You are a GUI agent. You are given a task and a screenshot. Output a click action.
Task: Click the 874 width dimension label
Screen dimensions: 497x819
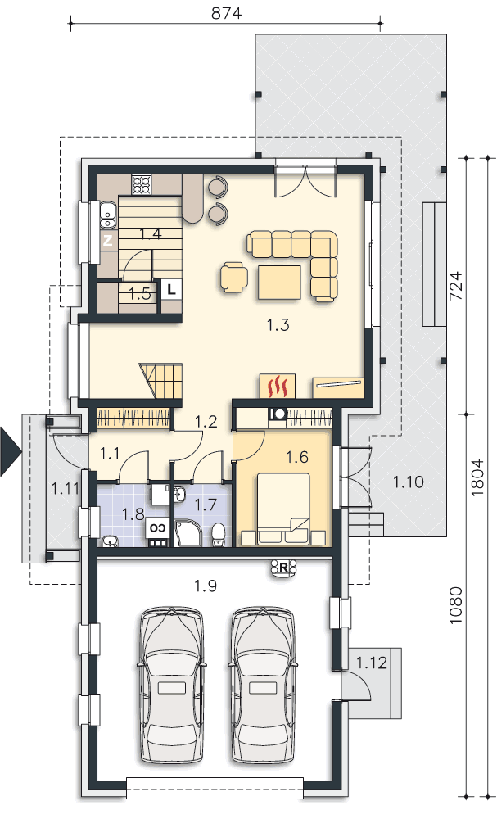[227, 13]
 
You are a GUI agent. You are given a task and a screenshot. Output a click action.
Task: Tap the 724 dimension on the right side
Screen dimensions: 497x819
[456, 286]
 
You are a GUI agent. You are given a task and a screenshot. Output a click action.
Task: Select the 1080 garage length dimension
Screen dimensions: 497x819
[456, 605]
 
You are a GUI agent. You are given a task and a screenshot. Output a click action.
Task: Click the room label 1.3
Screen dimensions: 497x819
[278, 325]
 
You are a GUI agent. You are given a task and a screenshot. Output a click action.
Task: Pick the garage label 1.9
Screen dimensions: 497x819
[206, 586]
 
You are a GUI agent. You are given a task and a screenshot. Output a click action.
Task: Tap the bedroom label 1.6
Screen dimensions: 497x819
[297, 457]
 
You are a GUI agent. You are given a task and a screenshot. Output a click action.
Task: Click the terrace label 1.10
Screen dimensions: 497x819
[409, 482]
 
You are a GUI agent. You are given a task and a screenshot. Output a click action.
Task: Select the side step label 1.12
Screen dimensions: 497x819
[372, 663]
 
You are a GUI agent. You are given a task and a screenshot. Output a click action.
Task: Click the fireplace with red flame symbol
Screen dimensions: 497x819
[278, 387]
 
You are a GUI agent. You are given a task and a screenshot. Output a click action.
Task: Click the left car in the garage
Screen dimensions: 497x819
[171, 686]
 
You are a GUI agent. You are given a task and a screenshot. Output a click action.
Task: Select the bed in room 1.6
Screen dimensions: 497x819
[282, 509]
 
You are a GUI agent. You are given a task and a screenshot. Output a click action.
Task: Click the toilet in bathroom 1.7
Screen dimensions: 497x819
[219, 535]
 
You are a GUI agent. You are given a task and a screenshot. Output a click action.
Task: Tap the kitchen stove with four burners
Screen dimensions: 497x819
[141, 183]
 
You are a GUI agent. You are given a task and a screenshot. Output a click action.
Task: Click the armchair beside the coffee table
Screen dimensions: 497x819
[234, 276]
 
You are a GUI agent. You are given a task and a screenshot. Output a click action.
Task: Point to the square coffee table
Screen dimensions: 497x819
[279, 283]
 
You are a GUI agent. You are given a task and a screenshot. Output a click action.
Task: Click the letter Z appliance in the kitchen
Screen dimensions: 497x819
[107, 241]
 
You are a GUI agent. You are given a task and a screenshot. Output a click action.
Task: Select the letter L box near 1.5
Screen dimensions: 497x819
[172, 288]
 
